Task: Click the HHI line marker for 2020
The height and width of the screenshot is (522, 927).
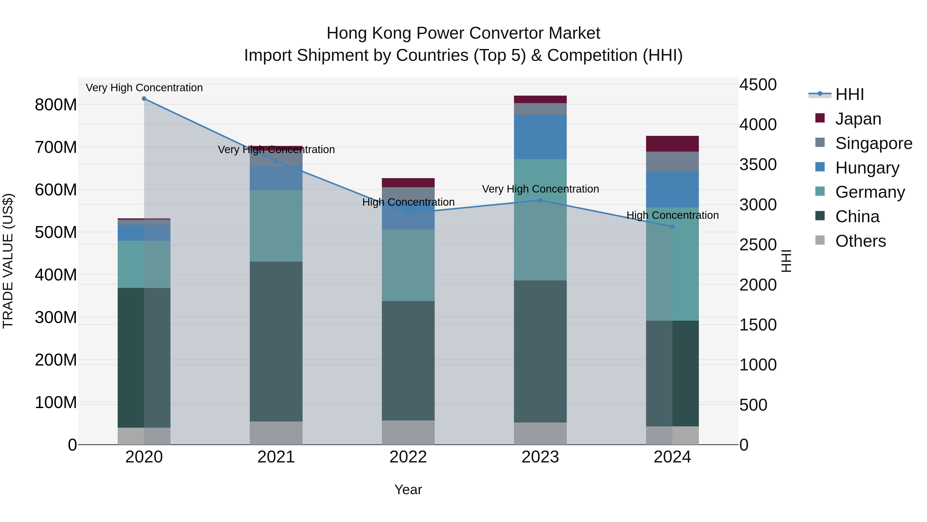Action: (x=144, y=99)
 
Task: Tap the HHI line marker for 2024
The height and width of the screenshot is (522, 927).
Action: (x=672, y=227)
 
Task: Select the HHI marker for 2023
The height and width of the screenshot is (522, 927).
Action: (x=540, y=200)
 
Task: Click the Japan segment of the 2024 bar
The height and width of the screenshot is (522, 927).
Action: (x=672, y=144)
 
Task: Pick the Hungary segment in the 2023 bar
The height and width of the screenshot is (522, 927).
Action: (x=540, y=137)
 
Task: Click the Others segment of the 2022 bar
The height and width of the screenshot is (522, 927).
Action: (x=408, y=432)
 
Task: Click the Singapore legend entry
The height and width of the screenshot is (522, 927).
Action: (x=873, y=143)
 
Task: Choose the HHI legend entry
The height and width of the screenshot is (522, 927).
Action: (x=849, y=94)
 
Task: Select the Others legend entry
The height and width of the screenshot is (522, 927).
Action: (x=860, y=241)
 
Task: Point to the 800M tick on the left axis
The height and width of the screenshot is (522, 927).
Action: (x=56, y=105)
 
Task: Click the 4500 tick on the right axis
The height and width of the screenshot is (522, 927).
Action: (x=758, y=85)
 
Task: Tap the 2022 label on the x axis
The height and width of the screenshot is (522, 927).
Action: (x=408, y=457)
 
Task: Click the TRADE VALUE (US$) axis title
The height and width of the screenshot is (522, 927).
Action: (x=8, y=261)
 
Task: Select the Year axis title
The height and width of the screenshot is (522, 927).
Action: (x=408, y=490)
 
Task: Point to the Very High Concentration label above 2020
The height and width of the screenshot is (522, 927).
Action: (x=144, y=88)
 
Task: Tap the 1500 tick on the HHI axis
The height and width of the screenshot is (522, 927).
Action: (x=758, y=325)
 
